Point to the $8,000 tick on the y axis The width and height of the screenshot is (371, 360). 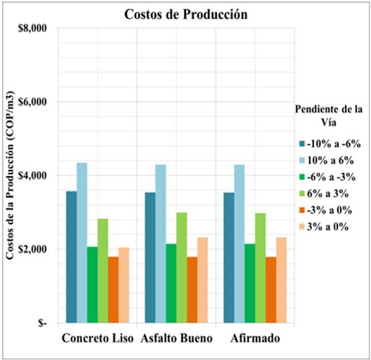click(32, 28)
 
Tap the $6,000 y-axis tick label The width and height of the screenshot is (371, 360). click(32, 102)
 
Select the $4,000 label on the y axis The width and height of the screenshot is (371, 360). click(32, 175)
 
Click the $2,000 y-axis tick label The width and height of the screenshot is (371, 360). click(32, 249)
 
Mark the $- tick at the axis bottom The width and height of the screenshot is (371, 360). click(42, 323)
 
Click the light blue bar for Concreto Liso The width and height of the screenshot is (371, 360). click(82, 242)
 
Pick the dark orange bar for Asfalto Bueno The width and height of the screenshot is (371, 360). click(192, 289)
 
